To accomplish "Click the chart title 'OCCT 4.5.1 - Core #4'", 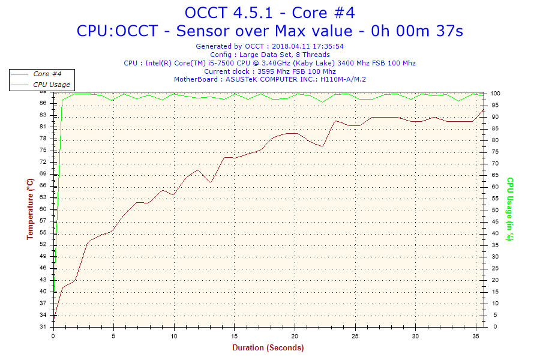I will (269, 12).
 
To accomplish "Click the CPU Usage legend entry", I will (51, 85).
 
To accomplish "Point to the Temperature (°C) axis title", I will (30, 209).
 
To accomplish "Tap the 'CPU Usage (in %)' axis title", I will (510, 209).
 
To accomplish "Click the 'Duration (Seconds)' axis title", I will (268, 347).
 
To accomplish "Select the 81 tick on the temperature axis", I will (43, 127).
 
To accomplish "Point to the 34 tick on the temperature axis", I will (43, 315).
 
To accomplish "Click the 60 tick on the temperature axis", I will (43, 209).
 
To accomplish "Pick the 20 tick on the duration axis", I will (295, 335).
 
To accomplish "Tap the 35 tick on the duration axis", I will (475, 335).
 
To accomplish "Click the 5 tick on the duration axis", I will (113, 335).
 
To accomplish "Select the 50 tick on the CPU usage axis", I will (494, 210).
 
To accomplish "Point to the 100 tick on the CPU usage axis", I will (496, 94).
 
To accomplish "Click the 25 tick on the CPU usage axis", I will (494, 268).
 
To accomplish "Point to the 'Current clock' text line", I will (269, 71).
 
